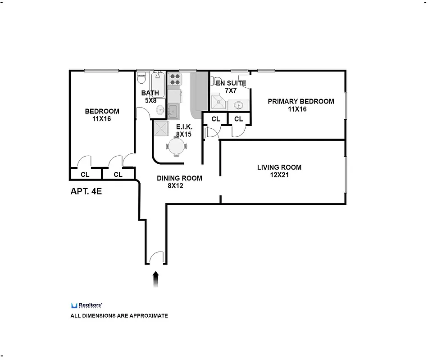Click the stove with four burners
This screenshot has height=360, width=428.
coord(174,80)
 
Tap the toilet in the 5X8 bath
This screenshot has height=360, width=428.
coord(141,79)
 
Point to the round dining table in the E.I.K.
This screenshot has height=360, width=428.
coord(176,146)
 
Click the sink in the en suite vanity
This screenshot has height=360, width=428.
coord(239,105)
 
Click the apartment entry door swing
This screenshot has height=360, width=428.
coord(156,258)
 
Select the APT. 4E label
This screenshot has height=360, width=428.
coord(87,191)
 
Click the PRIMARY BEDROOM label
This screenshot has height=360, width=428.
coord(301,101)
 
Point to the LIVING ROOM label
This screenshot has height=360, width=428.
coord(279,167)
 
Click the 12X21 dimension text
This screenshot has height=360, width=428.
coord(279,175)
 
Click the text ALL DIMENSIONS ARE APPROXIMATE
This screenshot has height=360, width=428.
coord(119,315)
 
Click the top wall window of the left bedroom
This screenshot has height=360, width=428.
coord(101,70)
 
